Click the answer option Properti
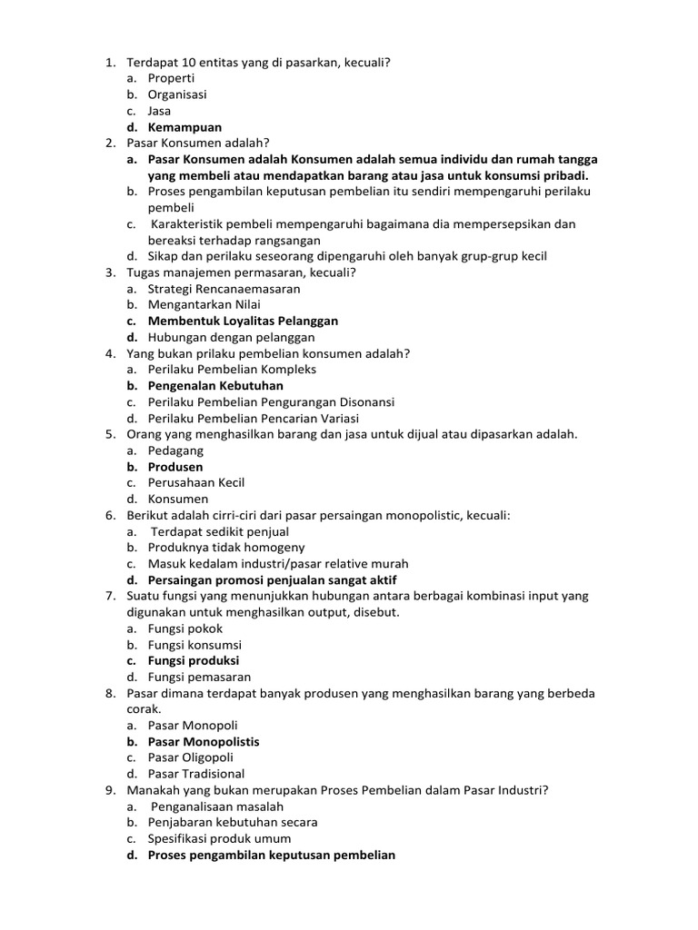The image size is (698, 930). pyautogui.click(x=172, y=79)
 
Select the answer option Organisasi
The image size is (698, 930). pyautogui.click(x=177, y=95)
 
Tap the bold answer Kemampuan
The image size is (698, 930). pyautogui.click(x=184, y=128)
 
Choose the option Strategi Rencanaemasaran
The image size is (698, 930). pyautogui.click(x=224, y=289)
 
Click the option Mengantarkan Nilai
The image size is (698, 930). pyautogui.click(x=204, y=305)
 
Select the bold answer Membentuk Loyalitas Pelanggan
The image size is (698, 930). pyautogui.click(x=243, y=322)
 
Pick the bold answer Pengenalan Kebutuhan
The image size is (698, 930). pyautogui.click(x=215, y=386)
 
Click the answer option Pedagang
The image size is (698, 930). pyautogui.click(x=176, y=450)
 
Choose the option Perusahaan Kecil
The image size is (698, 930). pyautogui.click(x=196, y=483)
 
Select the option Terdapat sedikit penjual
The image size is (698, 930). pyautogui.click(x=220, y=531)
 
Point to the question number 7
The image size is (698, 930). pyautogui.click(x=109, y=596)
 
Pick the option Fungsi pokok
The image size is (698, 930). pyautogui.click(x=185, y=628)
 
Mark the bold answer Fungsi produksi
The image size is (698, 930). pyautogui.click(x=194, y=661)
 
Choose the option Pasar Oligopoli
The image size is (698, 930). pyautogui.click(x=191, y=757)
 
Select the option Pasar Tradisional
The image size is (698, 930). pyautogui.click(x=196, y=774)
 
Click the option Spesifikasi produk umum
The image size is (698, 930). pyautogui.click(x=220, y=838)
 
